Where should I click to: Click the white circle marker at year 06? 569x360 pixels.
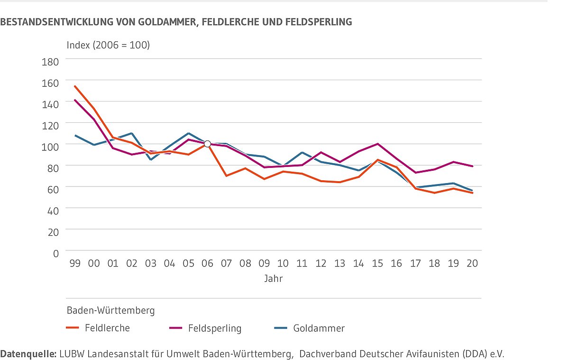pos(207,144)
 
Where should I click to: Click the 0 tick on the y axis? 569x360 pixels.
pos(56,253)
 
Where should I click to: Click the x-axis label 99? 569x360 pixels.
pos(75,264)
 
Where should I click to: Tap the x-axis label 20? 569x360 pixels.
pos(472,264)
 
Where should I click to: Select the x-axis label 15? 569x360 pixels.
pos(377,264)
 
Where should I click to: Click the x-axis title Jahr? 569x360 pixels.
pos(274,279)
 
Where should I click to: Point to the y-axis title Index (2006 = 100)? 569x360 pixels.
pos(108,46)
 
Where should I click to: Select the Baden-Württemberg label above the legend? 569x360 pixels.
pos(110,311)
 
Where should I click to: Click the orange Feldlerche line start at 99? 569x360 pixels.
pos(75,86)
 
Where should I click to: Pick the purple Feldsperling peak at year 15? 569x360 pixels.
pos(377,144)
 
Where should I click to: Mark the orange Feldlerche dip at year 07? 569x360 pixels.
pos(226,176)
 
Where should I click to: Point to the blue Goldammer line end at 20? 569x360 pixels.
pos(472,191)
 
